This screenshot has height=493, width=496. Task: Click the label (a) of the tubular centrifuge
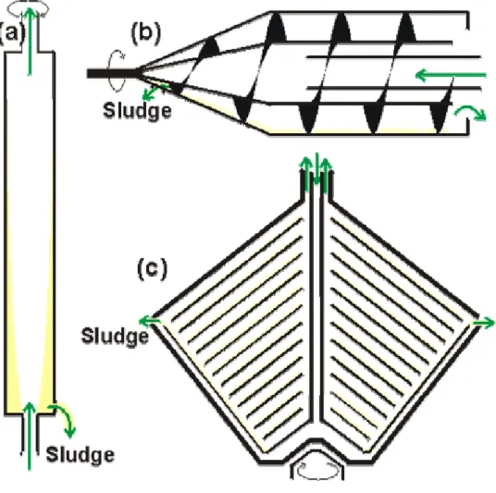(x=11, y=33)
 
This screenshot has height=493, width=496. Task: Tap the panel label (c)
(x=152, y=269)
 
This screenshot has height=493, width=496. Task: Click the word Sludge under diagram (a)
(x=80, y=455)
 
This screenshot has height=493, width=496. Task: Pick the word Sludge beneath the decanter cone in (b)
(x=137, y=111)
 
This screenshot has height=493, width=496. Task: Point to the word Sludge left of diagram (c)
(x=115, y=336)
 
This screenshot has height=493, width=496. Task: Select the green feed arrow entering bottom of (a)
(x=30, y=437)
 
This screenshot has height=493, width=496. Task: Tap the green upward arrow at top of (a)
(x=30, y=41)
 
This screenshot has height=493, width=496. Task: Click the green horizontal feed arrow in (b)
(x=451, y=75)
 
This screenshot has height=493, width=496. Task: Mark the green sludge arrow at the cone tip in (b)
(x=154, y=92)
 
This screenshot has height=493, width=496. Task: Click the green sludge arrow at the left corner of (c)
(x=149, y=322)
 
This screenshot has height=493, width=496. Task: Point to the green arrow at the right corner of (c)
(x=483, y=323)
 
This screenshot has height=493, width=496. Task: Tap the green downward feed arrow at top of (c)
(x=317, y=169)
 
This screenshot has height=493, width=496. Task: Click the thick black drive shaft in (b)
(x=112, y=74)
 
